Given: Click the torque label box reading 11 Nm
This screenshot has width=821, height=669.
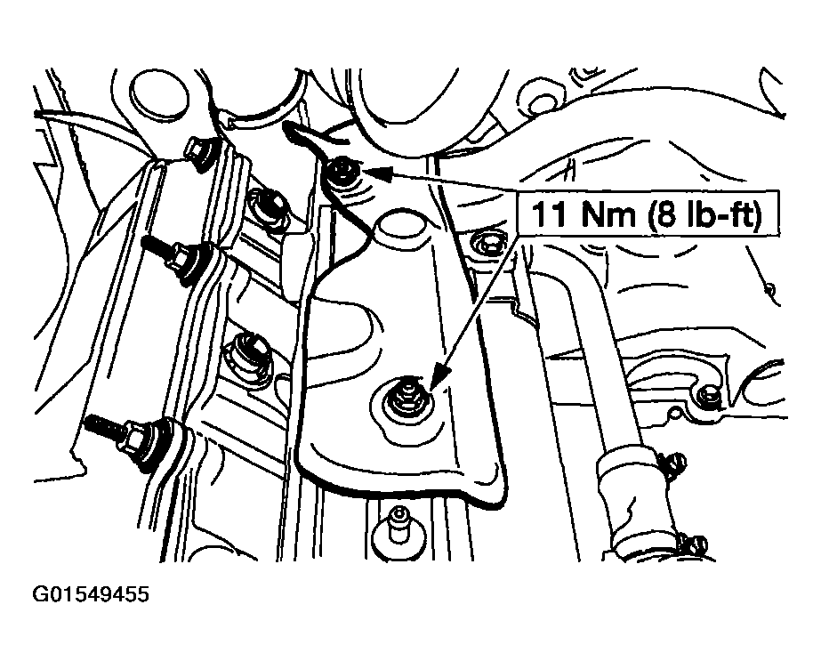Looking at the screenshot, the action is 648,213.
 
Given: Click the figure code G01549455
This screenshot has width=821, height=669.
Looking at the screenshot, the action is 91,594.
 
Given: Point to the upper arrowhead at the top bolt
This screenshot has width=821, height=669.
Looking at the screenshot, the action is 374,173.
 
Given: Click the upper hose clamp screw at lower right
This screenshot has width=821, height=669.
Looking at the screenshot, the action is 671,461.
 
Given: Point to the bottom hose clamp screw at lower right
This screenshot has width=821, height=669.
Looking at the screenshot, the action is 694,545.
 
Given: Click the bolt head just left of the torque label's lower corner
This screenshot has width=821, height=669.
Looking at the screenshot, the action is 488,245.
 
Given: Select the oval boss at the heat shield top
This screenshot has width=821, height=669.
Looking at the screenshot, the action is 403,226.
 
